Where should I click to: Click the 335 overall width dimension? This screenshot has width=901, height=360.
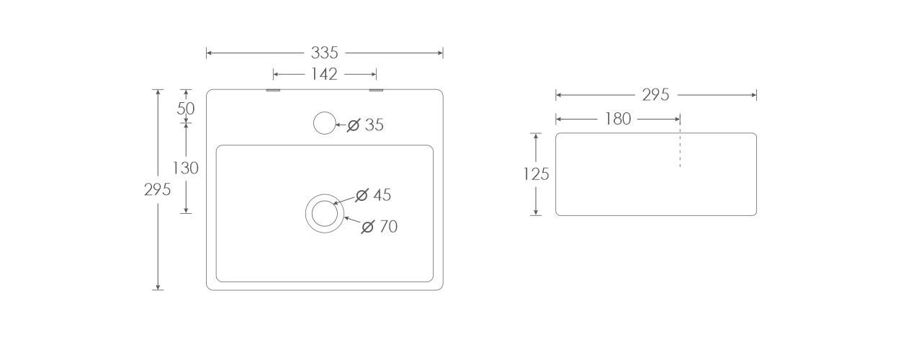(x=324, y=53)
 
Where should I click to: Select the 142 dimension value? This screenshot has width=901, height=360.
(x=324, y=74)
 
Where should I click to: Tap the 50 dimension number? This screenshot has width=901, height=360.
(x=186, y=109)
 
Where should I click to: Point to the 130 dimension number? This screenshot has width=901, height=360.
(x=185, y=168)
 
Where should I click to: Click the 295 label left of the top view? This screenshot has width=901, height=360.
(x=158, y=189)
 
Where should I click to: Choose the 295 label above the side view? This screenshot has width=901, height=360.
(x=655, y=95)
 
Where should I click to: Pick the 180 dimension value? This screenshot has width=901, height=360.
(x=617, y=119)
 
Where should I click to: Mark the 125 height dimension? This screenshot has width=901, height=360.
(x=536, y=174)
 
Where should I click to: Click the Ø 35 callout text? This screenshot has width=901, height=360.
(x=366, y=125)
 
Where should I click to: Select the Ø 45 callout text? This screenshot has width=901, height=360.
(x=374, y=195)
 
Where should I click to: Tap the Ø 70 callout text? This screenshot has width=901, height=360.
(x=380, y=227)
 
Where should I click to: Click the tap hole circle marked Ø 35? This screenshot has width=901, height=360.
(x=325, y=123)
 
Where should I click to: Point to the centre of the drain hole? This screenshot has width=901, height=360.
(x=324, y=214)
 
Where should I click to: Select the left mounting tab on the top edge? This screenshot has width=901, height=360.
(x=273, y=91)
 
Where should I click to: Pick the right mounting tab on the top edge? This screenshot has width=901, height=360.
(x=377, y=91)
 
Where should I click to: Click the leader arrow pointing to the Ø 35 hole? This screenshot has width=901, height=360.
(x=341, y=125)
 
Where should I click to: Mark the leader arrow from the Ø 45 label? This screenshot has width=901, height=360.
(x=344, y=200)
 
